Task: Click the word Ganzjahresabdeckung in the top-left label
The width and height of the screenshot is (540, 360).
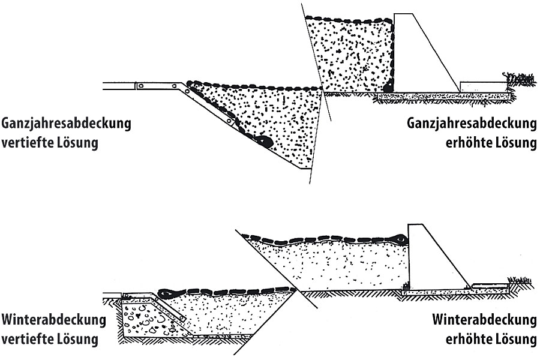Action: (66, 125)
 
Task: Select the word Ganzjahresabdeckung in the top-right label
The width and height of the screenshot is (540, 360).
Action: (471, 125)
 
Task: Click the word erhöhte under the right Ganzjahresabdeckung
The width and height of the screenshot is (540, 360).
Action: (468, 145)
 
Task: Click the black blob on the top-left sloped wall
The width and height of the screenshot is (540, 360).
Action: (263, 142)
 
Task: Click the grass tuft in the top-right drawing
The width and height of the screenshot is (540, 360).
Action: (520, 79)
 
